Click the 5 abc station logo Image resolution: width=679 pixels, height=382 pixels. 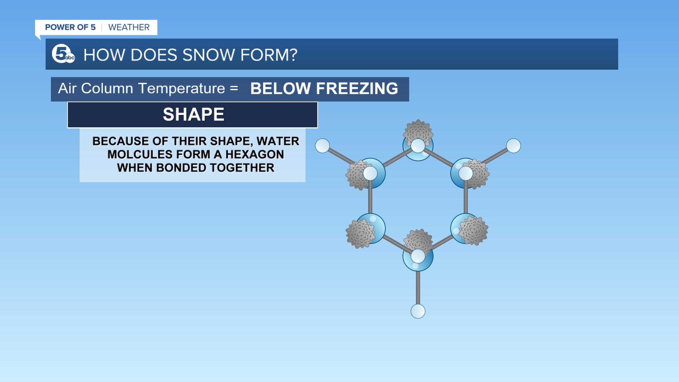pos(63,54)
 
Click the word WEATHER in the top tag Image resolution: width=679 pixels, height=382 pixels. pos(129,27)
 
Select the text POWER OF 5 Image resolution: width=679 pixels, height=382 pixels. pos(70,27)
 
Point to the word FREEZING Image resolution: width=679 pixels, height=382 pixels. pos(357,88)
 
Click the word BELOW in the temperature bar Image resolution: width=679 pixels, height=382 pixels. pos(280,88)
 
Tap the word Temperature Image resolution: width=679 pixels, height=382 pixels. pos(182,88)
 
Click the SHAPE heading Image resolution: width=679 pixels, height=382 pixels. pos(193,115)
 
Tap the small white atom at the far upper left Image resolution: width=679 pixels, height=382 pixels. pos(323,146)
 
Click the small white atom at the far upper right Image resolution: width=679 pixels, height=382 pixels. pos(513,146)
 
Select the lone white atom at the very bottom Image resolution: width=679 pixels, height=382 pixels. pos(418,311)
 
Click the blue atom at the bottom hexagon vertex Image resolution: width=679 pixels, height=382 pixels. pos(418,263)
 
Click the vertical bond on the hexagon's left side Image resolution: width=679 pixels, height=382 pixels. pos(370,200)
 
